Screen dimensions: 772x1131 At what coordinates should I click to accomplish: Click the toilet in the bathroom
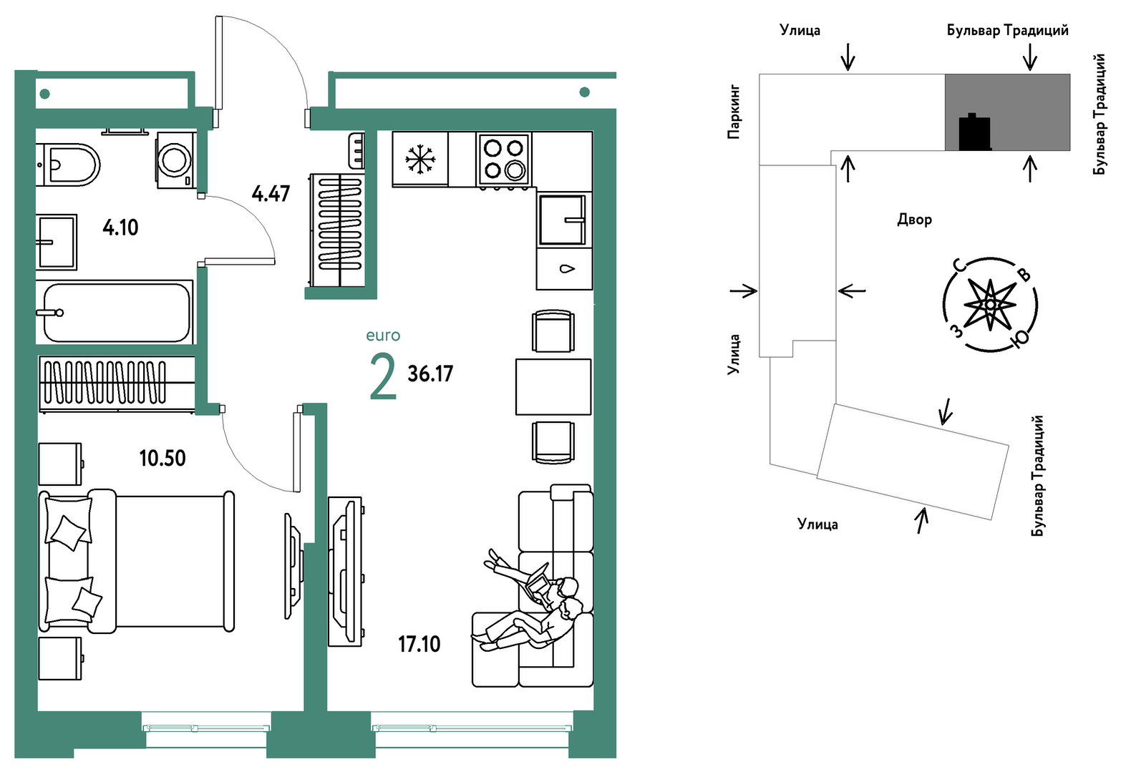pyautogui.click(x=70, y=165)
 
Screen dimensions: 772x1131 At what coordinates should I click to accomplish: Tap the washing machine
pyautogui.click(x=175, y=160)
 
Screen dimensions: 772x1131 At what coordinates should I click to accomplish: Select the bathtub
pyautogui.click(x=116, y=313)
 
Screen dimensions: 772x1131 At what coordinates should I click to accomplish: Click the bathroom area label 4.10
pyautogui.click(x=120, y=228)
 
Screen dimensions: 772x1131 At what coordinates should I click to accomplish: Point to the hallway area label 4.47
pyautogui.click(x=271, y=193)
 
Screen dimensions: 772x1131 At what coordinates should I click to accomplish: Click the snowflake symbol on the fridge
pyautogui.click(x=420, y=159)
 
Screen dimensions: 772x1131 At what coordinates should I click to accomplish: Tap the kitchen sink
pyautogui.click(x=562, y=220)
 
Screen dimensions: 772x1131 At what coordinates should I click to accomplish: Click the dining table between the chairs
pyautogui.click(x=553, y=387)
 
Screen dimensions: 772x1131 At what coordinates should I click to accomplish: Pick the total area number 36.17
pyautogui.click(x=430, y=373)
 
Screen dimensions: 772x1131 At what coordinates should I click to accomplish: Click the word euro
pyautogui.click(x=383, y=336)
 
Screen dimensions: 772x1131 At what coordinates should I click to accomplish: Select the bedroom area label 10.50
pyautogui.click(x=162, y=458)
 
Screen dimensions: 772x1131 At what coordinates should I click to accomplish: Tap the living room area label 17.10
pyautogui.click(x=419, y=644)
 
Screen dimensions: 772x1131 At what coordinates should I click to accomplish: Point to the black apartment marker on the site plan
pyautogui.click(x=974, y=133)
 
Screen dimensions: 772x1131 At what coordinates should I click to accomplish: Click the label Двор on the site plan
pyautogui.click(x=914, y=219)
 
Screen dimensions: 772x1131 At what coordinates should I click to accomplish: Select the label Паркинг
pyautogui.click(x=734, y=112)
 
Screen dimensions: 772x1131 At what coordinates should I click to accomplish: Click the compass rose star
pyautogui.click(x=990, y=305)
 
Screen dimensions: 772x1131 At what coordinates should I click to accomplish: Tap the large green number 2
pyautogui.click(x=383, y=377)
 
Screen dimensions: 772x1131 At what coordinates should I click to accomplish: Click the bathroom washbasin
pyautogui.click(x=57, y=242)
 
